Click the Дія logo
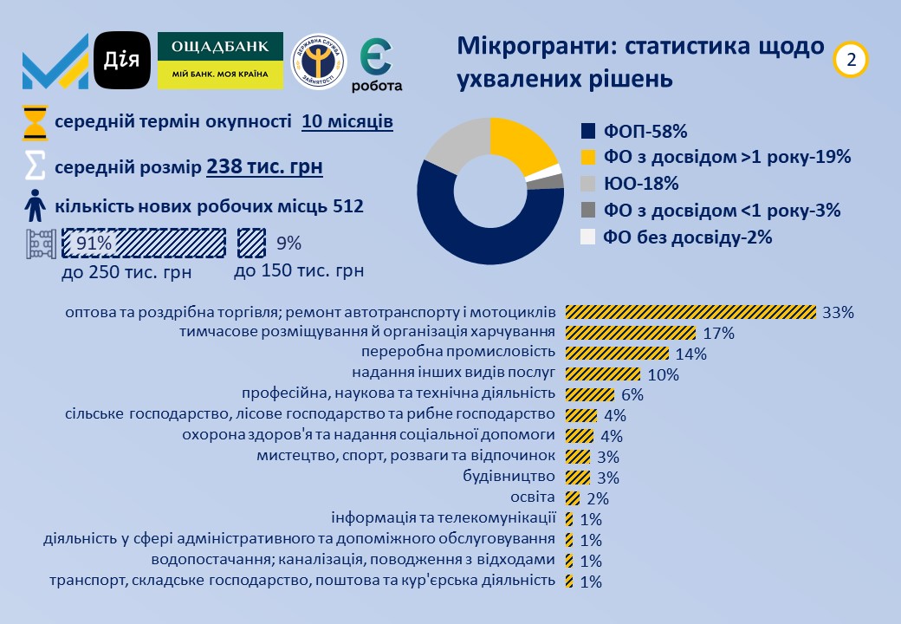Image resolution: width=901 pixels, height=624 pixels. (x=122, y=60)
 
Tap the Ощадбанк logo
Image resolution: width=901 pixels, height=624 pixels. (x=220, y=61)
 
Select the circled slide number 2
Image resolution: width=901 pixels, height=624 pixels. (x=851, y=59)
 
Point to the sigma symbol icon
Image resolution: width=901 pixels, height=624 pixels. (x=35, y=165)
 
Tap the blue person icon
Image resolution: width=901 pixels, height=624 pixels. (x=35, y=207)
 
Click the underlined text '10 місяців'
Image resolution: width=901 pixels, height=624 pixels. (x=347, y=122)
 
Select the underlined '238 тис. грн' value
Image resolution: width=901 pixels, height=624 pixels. (x=264, y=165)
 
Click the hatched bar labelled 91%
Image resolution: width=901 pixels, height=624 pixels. (x=144, y=244)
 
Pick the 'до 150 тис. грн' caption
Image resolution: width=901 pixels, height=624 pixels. (x=299, y=271)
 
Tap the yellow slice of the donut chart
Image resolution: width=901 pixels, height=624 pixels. (x=522, y=142)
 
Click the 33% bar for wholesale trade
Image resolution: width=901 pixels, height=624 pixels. (x=690, y=312)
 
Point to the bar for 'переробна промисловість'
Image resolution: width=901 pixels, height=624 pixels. (x=617, y=354)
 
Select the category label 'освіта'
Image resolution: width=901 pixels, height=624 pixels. (x=533, y=497)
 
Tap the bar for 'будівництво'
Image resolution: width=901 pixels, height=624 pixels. (x=578, y=478)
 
